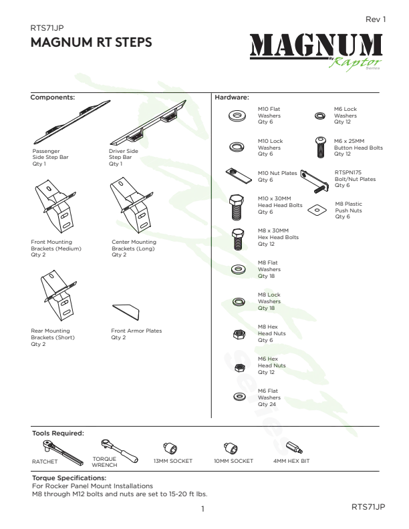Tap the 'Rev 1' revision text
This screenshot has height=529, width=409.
tap(376, 19)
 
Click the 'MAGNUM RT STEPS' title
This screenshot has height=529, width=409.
tap(91, 42)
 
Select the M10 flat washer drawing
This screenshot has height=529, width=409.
tap(237, 116)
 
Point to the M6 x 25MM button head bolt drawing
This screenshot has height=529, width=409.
tap(321, 147)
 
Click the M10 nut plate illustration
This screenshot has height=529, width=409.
tap(239, 176)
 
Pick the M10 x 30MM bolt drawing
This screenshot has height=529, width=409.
tap(237, 207)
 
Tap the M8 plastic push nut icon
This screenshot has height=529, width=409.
tap(317, 210)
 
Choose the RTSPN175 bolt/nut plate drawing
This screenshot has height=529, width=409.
tap(315, 181)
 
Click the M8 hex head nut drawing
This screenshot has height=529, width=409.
tap(239, 334)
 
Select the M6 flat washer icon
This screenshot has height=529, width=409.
tap(239, 396)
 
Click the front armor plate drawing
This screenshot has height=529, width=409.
tap(126, 312)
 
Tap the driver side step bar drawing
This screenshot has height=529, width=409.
tap(148, 122)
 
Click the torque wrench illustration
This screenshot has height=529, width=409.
tap(119, 450)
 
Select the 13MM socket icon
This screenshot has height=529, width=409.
tap(170, 448)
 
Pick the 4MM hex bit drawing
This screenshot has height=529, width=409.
tap(294, 448)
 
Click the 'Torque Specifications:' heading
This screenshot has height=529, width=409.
tap(70, 478)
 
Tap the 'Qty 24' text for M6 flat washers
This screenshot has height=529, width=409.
tap(267, 404)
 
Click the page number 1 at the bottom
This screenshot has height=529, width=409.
tap(202, 509)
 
